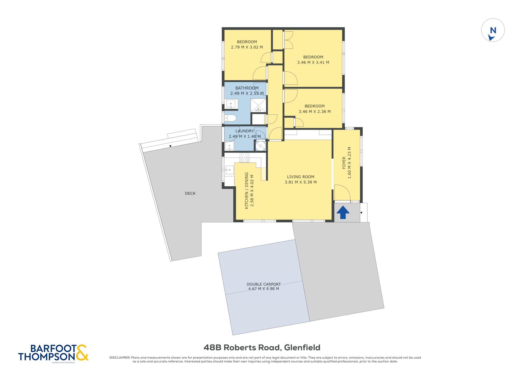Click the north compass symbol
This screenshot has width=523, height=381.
click(x=493, y=30)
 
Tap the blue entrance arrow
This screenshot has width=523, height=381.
click(x=343, y=212)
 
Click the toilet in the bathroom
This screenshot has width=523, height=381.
click(x=230, y=118)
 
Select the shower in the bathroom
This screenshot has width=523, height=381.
click(x=258, y=105)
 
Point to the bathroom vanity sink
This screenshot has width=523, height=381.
click(x=231, y=104)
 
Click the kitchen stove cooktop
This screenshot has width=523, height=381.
click(x=244, y=158)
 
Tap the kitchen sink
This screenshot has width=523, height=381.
click(x=230, y=170)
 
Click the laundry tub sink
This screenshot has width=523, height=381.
click(x=229, y=146)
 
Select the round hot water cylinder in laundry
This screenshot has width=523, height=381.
click(x=261, y=146)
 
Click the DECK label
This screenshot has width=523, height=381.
click(x=190, y=193)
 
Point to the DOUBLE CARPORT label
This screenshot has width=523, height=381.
click(x=264, y=284)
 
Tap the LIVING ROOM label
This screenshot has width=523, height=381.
click(x=301, y=177)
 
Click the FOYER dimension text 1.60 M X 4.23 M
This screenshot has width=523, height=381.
click(x=349, y=163)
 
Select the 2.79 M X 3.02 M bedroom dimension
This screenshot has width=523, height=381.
click(x=247, y=47)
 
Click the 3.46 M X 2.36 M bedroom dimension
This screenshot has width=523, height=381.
click(x=315, y=111)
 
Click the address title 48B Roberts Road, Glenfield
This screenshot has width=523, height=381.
click(x=262, y=347)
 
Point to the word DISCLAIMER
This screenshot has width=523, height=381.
click(x=120, y=358)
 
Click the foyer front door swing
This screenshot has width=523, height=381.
click(x=342, y=193)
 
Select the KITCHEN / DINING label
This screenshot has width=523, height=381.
click(x=246, y=190)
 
